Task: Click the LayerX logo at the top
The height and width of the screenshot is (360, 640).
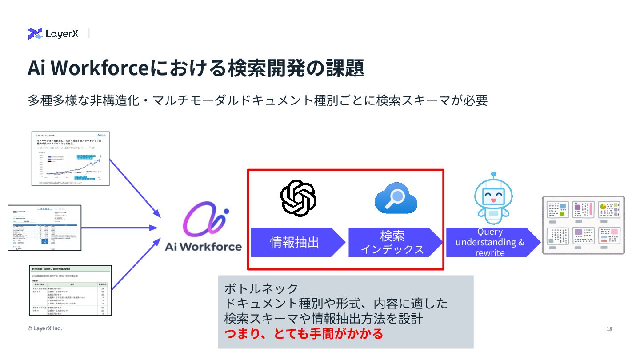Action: tap(53, 33)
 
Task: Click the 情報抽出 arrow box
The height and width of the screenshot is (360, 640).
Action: tap(295, 242)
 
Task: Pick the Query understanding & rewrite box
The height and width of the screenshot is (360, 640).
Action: tap(489, 242)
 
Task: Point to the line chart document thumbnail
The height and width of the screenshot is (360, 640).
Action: tap(71, 159)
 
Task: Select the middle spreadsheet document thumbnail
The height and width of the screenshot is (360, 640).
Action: tap(45, 228)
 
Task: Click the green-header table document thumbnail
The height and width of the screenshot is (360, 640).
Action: tap(70, 290)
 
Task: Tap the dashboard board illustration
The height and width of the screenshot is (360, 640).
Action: tap(583, 225)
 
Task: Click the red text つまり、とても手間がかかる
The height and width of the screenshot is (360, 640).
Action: tap(304, 333)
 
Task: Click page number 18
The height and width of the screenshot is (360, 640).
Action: tap(609, 329)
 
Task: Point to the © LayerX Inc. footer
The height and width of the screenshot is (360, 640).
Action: tap(45, 328)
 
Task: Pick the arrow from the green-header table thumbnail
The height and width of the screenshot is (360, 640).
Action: tap(136, 263)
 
